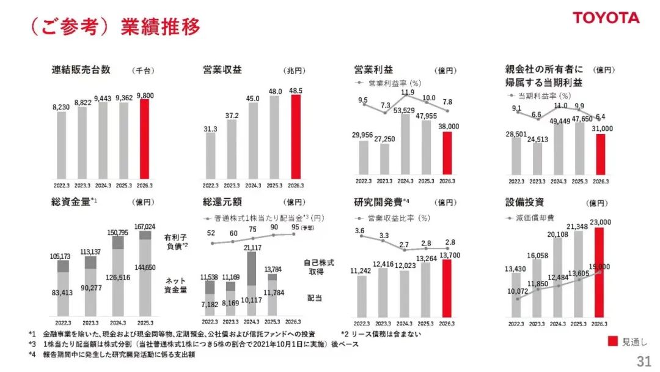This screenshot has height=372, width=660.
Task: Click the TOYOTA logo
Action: pyautogui.click(x=606, y=18)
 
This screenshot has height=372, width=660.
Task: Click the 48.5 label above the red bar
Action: pyautogui.click(x=296, y=90)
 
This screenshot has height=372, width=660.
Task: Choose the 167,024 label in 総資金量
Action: pyautogui.click(x=144, y=226)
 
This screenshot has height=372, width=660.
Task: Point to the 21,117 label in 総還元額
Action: pyautogui.click(x=252, y=247)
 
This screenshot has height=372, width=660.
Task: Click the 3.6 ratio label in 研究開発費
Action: pyautogui.click(x=360, y=231)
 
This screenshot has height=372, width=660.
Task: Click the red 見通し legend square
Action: pyautogui.click(x=614, y=341)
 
